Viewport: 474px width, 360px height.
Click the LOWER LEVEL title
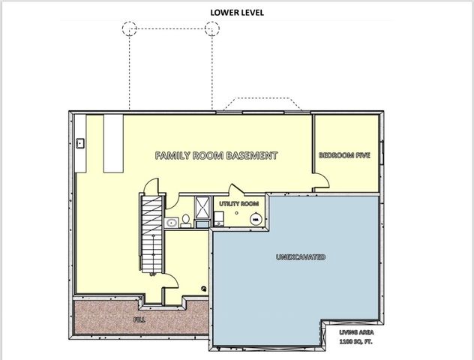click(x=236, y=12)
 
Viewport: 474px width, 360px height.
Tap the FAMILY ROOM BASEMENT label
click(x=216, y=156)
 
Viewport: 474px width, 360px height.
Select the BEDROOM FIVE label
click(x=346, y=155)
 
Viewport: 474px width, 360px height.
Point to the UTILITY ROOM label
click(x=239, y=203)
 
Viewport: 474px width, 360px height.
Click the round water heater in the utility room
click(x=255, y=219)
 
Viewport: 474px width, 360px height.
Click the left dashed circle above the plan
click(x=129, y=28)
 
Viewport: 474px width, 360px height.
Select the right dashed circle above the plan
click(x=212, y=28)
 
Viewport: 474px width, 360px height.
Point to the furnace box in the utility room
click(x=217, y=218)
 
